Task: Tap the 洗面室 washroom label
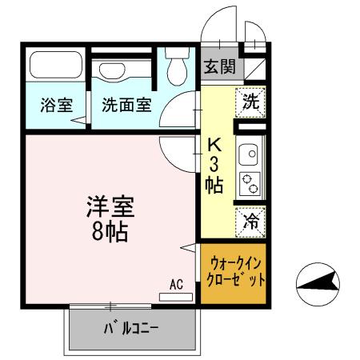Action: click(125, 106)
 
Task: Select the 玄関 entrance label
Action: click(218, 68)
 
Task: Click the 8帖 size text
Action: click(110, 234)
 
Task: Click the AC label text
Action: click(177, 283)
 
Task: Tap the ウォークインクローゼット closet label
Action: click(232, 274)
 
